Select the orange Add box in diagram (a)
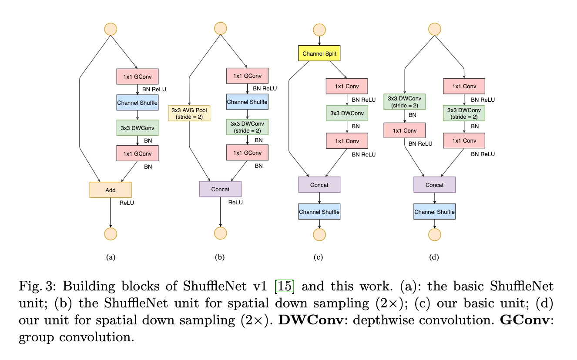coord(111,190)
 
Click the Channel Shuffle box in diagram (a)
coord(137,103)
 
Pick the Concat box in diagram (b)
coord(220,189)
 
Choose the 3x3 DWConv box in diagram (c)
coord(347,113)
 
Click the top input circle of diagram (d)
coord(435,29)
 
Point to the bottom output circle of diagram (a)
coord(111,233)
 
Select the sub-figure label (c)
coord(318,257)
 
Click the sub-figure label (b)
coord(220,257)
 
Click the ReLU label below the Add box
coord(127,202)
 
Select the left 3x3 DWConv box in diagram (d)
coord(404,101)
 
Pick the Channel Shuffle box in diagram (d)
coord(434,212)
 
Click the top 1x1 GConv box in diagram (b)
coord(247,76)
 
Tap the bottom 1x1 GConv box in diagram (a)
coord(137,153)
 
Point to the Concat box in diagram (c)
coord(319,185)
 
